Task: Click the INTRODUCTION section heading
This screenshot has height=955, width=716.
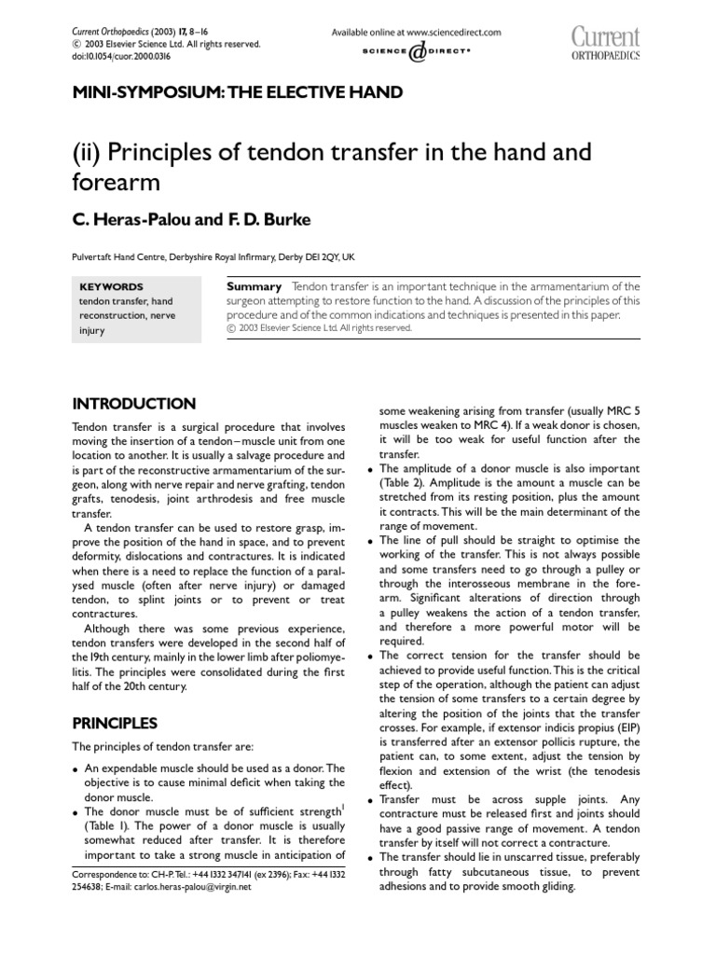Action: [x=134, y=404]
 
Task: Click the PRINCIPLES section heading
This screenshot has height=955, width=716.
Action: [x=116, y=723]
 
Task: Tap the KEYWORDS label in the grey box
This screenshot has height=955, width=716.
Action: [x=111, y=287]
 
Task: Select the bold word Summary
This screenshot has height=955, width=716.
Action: [x=255, y=286]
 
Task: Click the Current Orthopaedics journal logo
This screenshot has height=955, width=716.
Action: [x=605, y=43]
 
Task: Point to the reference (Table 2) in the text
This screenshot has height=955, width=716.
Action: [x=405, y=482]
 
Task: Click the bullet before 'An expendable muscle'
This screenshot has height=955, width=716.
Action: [x=76, y=769]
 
